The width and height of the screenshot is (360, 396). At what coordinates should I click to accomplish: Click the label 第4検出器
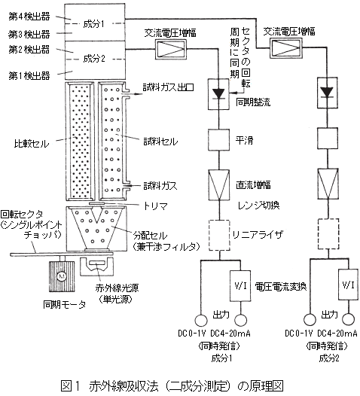pos(29,17)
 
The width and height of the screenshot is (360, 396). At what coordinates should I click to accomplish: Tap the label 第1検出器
pos(29,75)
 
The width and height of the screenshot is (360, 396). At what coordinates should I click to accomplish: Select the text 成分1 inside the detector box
pos(93,24)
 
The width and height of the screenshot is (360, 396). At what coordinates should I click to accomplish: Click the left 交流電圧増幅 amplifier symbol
pos(170,49)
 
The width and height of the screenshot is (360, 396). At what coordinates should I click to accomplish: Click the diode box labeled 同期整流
pos(218,94)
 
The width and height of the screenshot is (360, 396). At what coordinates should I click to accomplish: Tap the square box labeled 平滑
pos(218,140)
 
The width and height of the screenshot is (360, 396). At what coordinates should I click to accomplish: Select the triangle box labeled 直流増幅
pos(218,184)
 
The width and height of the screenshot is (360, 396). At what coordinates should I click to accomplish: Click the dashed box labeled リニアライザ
pos(219,236)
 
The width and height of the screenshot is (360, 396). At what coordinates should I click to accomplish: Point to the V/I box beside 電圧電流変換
pos(240,286)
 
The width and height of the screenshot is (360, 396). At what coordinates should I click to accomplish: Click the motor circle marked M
pos(62,276)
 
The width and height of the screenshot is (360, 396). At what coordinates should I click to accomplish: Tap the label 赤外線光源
pos(117,288)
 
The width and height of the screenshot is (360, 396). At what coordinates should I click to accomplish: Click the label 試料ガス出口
pos(168,87)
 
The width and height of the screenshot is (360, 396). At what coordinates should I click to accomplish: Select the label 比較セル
pos(32,144)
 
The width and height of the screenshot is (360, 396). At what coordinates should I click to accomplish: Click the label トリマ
pos(156,206)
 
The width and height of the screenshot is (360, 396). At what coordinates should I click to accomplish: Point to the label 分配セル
pos(151,236)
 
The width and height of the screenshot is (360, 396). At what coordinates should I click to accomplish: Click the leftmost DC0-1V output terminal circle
pos(201,320)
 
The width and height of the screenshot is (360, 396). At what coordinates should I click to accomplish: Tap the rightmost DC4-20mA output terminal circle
pos(349,319)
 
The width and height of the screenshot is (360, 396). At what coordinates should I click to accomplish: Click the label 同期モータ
pos(65,305)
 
